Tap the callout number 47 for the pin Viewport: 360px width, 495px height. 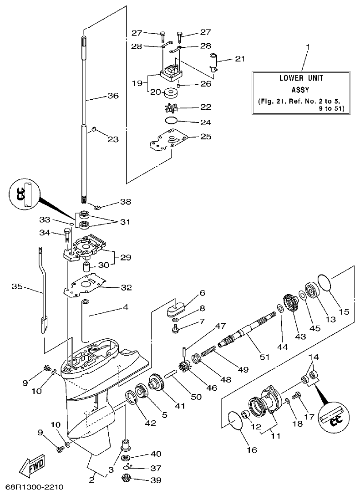[220, 326]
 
